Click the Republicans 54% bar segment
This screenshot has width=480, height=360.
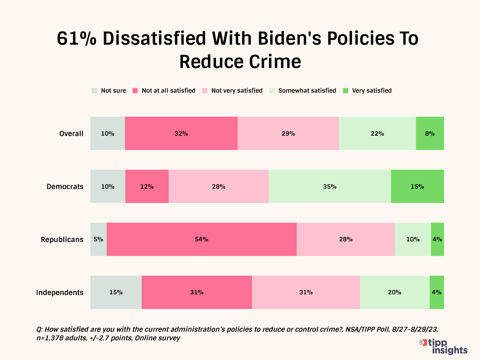pos(201,239)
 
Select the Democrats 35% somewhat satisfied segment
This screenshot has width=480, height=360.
pos(330,186)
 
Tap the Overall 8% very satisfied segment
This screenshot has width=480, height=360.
pos(430,133)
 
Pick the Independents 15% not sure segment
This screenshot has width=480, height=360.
pos(116,292)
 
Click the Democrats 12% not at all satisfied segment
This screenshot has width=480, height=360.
pos(147,186)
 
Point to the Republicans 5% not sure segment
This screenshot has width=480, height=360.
pos(98,239)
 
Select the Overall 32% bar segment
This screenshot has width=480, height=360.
pos(181,133)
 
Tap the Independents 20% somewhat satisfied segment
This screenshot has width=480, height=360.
pos(395,292)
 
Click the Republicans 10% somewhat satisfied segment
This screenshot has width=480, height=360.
pos(413,239)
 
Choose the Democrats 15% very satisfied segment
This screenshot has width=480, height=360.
pos(417,186)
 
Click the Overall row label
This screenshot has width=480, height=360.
pos(71,134)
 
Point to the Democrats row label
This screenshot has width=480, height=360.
pos(65,187)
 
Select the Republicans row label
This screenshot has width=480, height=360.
pos(62,240)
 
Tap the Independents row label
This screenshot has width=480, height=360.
pos(60,293)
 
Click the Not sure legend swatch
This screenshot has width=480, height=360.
pos(94,91)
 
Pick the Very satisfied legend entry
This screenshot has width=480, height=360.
pos(367,91)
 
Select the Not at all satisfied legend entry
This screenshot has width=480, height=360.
pos(164,91)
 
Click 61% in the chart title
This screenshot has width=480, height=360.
pos(76,39)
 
